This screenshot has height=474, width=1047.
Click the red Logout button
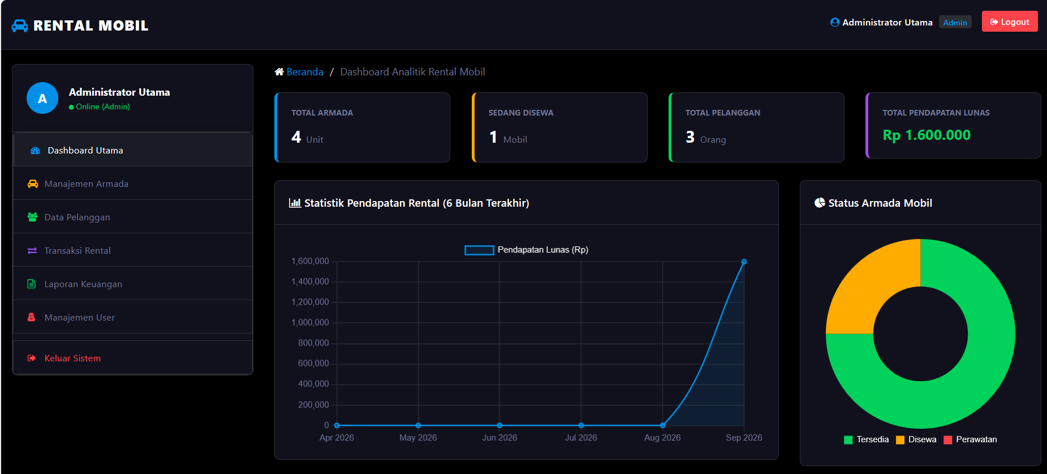point(1010,22)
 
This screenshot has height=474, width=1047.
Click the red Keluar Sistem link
point(64,358)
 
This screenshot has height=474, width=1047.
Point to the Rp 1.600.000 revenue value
point(927,135)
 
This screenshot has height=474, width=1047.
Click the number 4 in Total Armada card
point(296,137)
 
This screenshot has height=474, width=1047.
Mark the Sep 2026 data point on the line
point(744,262)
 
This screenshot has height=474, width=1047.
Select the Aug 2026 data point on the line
point(662,425)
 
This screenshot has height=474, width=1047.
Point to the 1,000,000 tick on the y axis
point(310,322)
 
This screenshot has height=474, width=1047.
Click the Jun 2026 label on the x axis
point(499,438)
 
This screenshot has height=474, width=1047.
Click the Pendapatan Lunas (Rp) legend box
point(479,250)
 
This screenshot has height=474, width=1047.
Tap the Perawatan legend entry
point(970,439)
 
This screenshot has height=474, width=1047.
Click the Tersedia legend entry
point(866,439)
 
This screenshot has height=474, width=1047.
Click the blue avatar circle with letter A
point(42,98)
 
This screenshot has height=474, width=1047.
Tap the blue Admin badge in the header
point(955,23)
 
